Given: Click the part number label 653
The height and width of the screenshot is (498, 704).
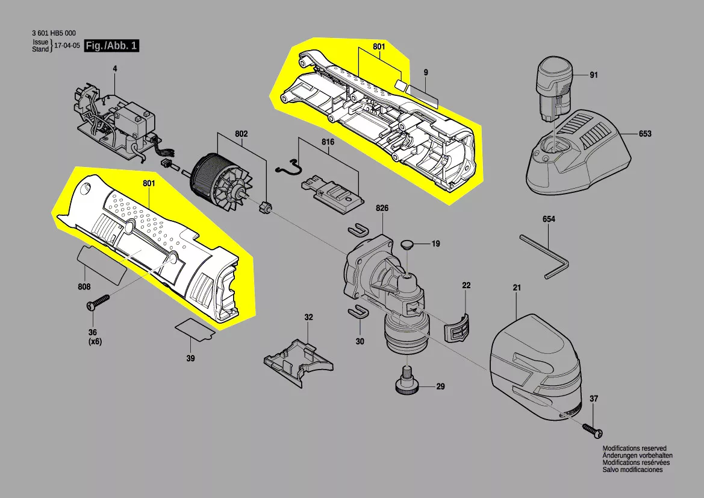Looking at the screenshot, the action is coord(645,133).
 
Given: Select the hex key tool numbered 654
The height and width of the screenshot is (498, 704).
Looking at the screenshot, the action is coord(544,257).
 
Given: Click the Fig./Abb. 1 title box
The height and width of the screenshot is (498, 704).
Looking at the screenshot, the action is coord(112,45).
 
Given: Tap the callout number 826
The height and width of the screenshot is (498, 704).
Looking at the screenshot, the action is coord(382,208).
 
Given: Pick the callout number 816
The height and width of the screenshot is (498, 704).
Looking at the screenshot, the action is coord(328,142).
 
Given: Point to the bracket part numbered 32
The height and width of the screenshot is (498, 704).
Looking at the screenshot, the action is coord(299,362).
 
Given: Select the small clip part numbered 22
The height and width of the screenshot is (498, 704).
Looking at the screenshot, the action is coord(458,326).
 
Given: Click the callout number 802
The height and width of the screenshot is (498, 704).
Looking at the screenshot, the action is coord(241,134).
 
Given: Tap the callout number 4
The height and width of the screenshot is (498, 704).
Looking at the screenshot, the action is coord(115,69).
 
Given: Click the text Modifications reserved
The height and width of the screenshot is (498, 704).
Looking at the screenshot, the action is coord(634,448).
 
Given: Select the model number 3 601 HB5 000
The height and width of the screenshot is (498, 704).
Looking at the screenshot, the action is coord(54,33).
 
